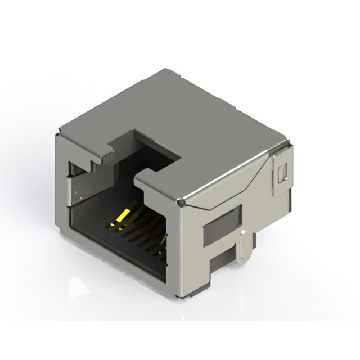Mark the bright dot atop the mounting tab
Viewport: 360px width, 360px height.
point(242,231)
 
